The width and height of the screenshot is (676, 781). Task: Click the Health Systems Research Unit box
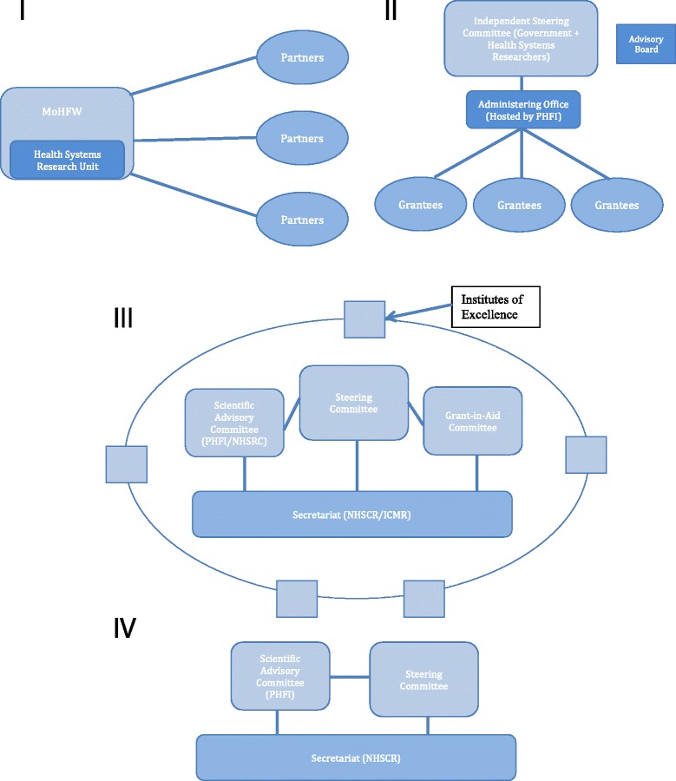[67, 160]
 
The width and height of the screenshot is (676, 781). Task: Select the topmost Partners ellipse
[303, 58]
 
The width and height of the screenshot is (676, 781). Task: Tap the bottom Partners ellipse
[303, 220]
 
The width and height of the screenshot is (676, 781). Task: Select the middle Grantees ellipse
[520, 205]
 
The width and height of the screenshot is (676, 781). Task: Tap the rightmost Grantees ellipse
[617, 205]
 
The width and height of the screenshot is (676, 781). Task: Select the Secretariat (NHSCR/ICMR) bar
[351, 513]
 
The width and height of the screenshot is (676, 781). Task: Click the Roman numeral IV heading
[125, 628]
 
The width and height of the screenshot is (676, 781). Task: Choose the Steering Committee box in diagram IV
[423, 679]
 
